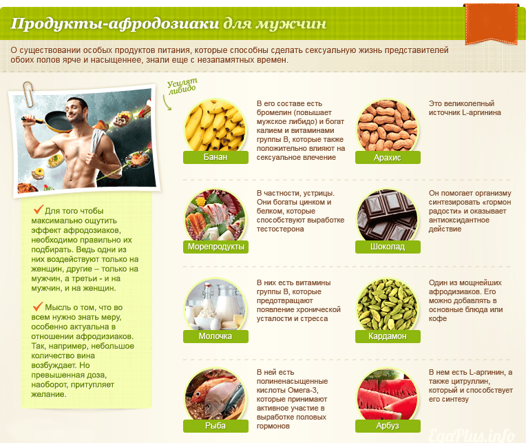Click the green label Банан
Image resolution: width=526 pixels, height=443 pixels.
click(215, 157)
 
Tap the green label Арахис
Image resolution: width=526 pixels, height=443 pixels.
click(388, 157)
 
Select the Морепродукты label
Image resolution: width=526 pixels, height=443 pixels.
click(215, 247)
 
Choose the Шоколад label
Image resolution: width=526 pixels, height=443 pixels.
click(388, 247)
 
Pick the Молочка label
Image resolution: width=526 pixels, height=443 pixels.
click(215, 336)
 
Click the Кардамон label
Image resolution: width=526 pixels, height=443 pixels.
click(388, 336)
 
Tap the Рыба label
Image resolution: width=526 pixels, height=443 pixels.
click(215, 426)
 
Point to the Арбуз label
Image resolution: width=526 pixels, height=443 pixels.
click(388, 426)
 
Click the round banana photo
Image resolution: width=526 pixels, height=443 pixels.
click(215, 126)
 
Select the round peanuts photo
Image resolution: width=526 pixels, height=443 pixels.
click(388, 126)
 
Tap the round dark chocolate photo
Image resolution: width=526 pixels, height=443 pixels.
click(388, 216)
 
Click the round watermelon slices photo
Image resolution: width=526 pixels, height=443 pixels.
click(388, 395)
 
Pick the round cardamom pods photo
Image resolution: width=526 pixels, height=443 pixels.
click(388, 305)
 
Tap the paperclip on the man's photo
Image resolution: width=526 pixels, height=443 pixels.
click(29, 94)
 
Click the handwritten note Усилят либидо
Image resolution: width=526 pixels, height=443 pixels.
click(182, 86)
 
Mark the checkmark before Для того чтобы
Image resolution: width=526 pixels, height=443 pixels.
click(39, 209)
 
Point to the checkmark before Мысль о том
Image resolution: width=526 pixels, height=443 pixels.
click(38, 306)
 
